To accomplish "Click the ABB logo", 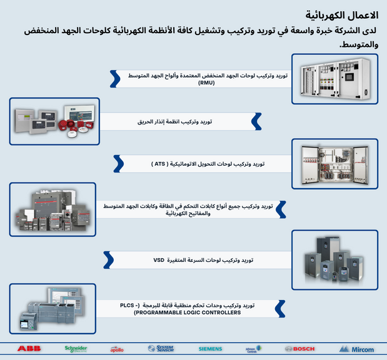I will pos(29,348).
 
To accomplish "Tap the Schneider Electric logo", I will pos(76,348).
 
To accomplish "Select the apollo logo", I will pos(118,349).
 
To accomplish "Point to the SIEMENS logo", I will pos(210,349).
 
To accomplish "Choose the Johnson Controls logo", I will pos(251,349).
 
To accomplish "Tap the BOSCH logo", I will pos(299,349).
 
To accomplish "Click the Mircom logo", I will pos(356,349).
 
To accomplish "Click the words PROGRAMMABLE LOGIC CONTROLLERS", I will pos(187,311).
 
